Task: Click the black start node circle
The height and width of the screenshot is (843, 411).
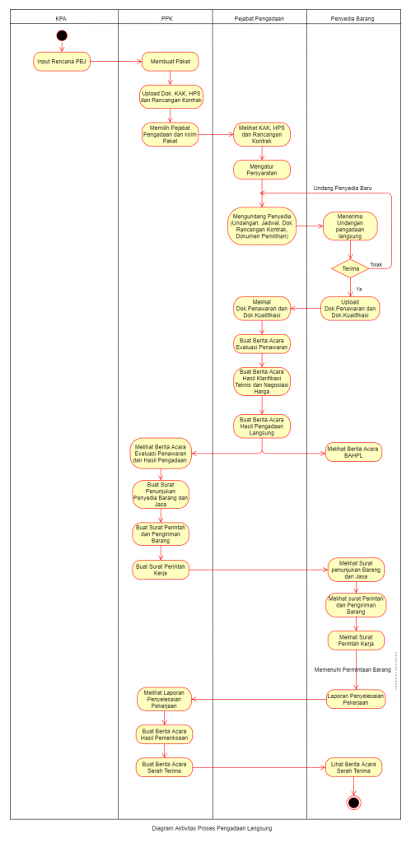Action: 61,36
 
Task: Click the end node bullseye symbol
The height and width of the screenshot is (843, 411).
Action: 353,802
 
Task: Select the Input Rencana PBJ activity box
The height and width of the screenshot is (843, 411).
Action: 61,61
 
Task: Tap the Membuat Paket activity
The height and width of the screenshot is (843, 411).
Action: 170,61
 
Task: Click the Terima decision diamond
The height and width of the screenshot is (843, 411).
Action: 350,268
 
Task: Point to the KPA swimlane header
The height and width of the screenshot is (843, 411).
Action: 62,18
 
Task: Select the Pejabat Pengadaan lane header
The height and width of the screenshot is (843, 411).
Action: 259,18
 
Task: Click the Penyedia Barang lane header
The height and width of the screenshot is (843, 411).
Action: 353,18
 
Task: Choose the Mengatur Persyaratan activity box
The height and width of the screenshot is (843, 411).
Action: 262,170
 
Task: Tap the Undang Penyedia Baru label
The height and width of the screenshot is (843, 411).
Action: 343,189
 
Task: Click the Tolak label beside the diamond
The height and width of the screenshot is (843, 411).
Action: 376,264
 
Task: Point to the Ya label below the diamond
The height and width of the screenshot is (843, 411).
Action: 359,289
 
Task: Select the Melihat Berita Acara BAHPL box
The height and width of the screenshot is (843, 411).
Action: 353,453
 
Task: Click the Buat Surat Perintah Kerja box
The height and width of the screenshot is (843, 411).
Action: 161,570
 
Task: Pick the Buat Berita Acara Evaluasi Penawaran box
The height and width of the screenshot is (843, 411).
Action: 262,344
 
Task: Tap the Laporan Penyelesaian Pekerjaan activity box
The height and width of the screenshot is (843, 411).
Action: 356,699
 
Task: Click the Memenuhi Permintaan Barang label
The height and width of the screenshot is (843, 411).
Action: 353,670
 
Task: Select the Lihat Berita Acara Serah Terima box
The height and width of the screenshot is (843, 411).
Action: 353,767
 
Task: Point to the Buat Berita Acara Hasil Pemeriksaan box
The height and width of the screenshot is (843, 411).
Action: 164,734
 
